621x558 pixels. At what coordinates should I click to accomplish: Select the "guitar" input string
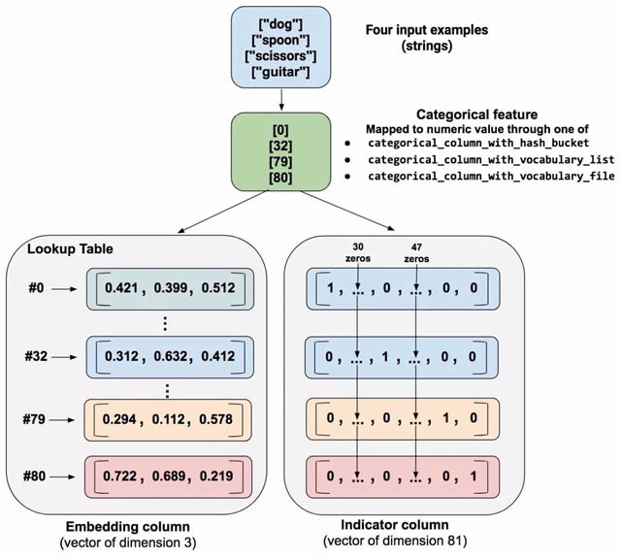tap(279, 72)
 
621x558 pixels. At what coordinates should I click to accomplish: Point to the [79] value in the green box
tap(279, 162)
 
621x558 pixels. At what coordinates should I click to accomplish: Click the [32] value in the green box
tap(279, 146)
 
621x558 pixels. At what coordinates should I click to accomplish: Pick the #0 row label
tap(36, 288)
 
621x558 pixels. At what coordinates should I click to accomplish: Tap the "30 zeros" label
tap(358, 251)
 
